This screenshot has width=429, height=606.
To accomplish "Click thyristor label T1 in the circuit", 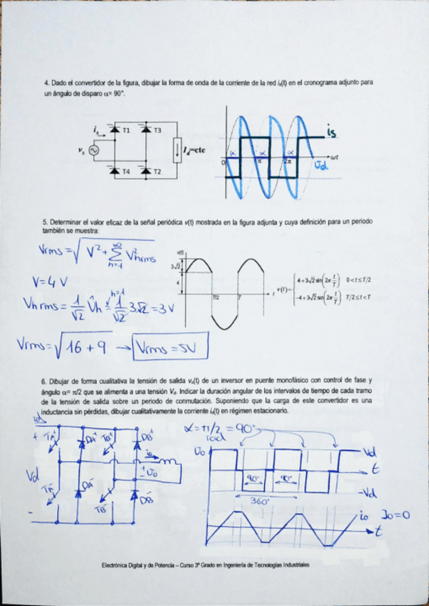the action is coord(126,131).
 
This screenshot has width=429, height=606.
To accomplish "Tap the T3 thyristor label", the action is coord(157,131).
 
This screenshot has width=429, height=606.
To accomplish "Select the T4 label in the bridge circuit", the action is coord(126,172).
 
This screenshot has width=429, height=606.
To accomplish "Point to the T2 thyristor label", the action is coord(157,172).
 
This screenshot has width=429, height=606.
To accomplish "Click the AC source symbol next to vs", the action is coord(92,151).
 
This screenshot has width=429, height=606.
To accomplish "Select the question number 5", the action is coord(45,222).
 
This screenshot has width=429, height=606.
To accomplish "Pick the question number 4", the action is coord(45,83).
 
